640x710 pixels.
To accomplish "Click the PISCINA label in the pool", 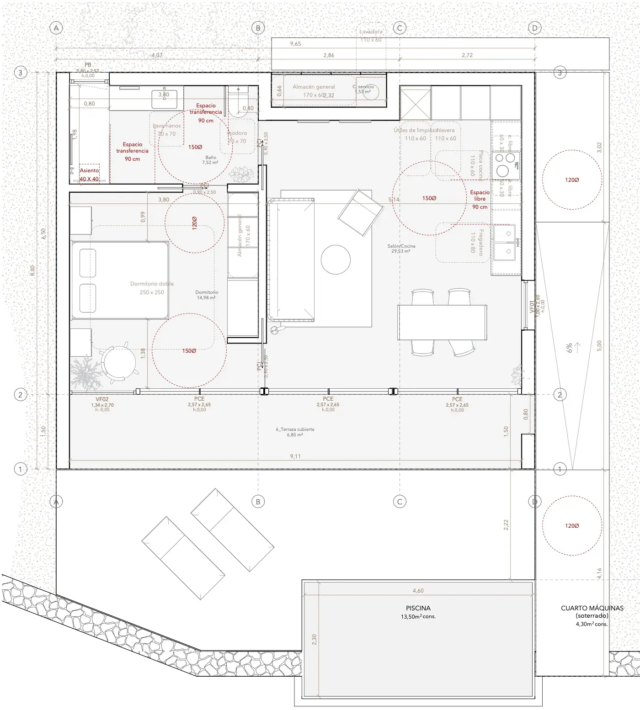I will (x=418, y=608).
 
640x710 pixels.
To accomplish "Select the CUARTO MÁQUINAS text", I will (x=592, y=608).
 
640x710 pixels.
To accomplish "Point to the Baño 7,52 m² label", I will (x=210, y=160).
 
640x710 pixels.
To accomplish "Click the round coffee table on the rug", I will (x=336, y=260).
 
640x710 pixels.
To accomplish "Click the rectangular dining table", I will (x=442, y=323).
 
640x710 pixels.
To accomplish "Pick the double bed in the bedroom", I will (x=120, y=280).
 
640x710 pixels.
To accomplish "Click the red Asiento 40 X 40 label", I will (x=89, y=175).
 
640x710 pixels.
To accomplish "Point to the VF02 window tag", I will (x=102, y=399).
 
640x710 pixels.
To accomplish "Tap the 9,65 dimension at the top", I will (x=295, y=44).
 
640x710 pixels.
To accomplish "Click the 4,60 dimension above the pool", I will (x=418, y=591).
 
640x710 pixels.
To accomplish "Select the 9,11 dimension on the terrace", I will (x=295, y=456).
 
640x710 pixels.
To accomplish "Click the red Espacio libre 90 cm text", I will (x=480, y=200).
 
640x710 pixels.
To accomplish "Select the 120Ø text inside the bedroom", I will (x=194, y=223).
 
